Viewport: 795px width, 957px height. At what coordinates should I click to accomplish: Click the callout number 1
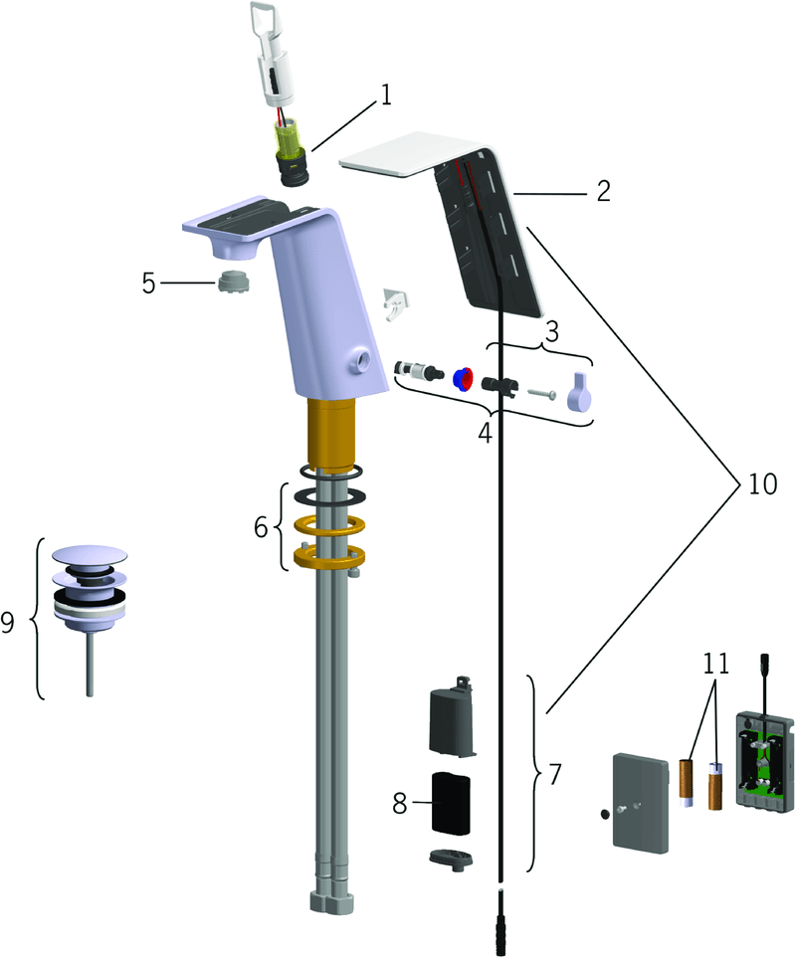(385, 95)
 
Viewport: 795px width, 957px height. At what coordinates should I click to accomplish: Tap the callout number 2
(603, 191)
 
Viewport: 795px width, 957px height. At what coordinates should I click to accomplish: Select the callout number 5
(149, 284)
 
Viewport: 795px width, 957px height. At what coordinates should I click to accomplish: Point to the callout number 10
(762, 484)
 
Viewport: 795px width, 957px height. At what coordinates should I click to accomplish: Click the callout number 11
(715, 664)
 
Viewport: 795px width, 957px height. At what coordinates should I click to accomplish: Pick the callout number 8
(399, 803)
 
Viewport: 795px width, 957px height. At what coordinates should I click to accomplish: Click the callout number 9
(7, 622)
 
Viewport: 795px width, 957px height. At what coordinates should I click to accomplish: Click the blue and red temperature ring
(464, 379)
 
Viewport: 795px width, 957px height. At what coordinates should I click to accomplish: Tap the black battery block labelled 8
(452, 803)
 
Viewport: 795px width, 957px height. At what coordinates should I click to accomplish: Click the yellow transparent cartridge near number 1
(289, 139)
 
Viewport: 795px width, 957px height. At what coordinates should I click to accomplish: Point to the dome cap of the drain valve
(90, 555)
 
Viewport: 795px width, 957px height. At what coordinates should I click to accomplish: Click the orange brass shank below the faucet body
(330, 435)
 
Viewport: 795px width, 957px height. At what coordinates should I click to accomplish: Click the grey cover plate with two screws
(641, 802)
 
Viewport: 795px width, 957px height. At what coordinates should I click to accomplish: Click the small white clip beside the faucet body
(396, 302)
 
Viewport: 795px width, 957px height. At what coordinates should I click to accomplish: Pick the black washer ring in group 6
(330, 496)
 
